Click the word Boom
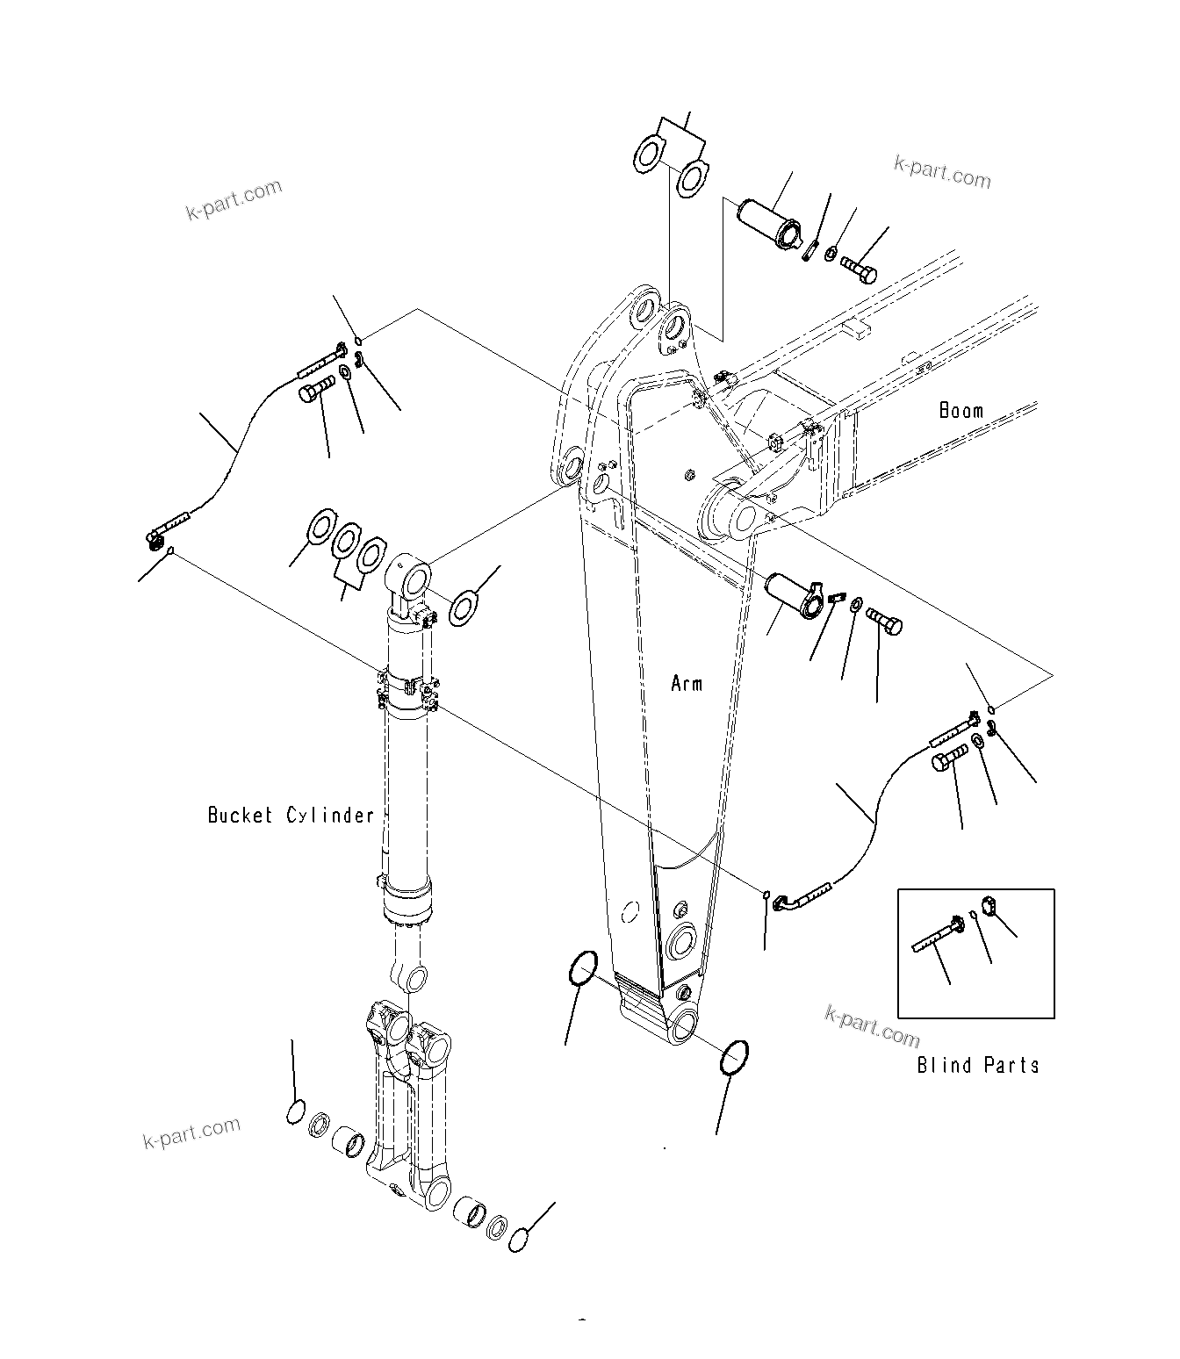click(961, 410)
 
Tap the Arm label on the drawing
click(687, 683)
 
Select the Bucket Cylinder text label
click(291, 816)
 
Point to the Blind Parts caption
click(978, 1066)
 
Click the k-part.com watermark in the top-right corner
click(941, 173)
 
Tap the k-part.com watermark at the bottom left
click(191, 1133)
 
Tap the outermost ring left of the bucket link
click(296, 1111)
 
